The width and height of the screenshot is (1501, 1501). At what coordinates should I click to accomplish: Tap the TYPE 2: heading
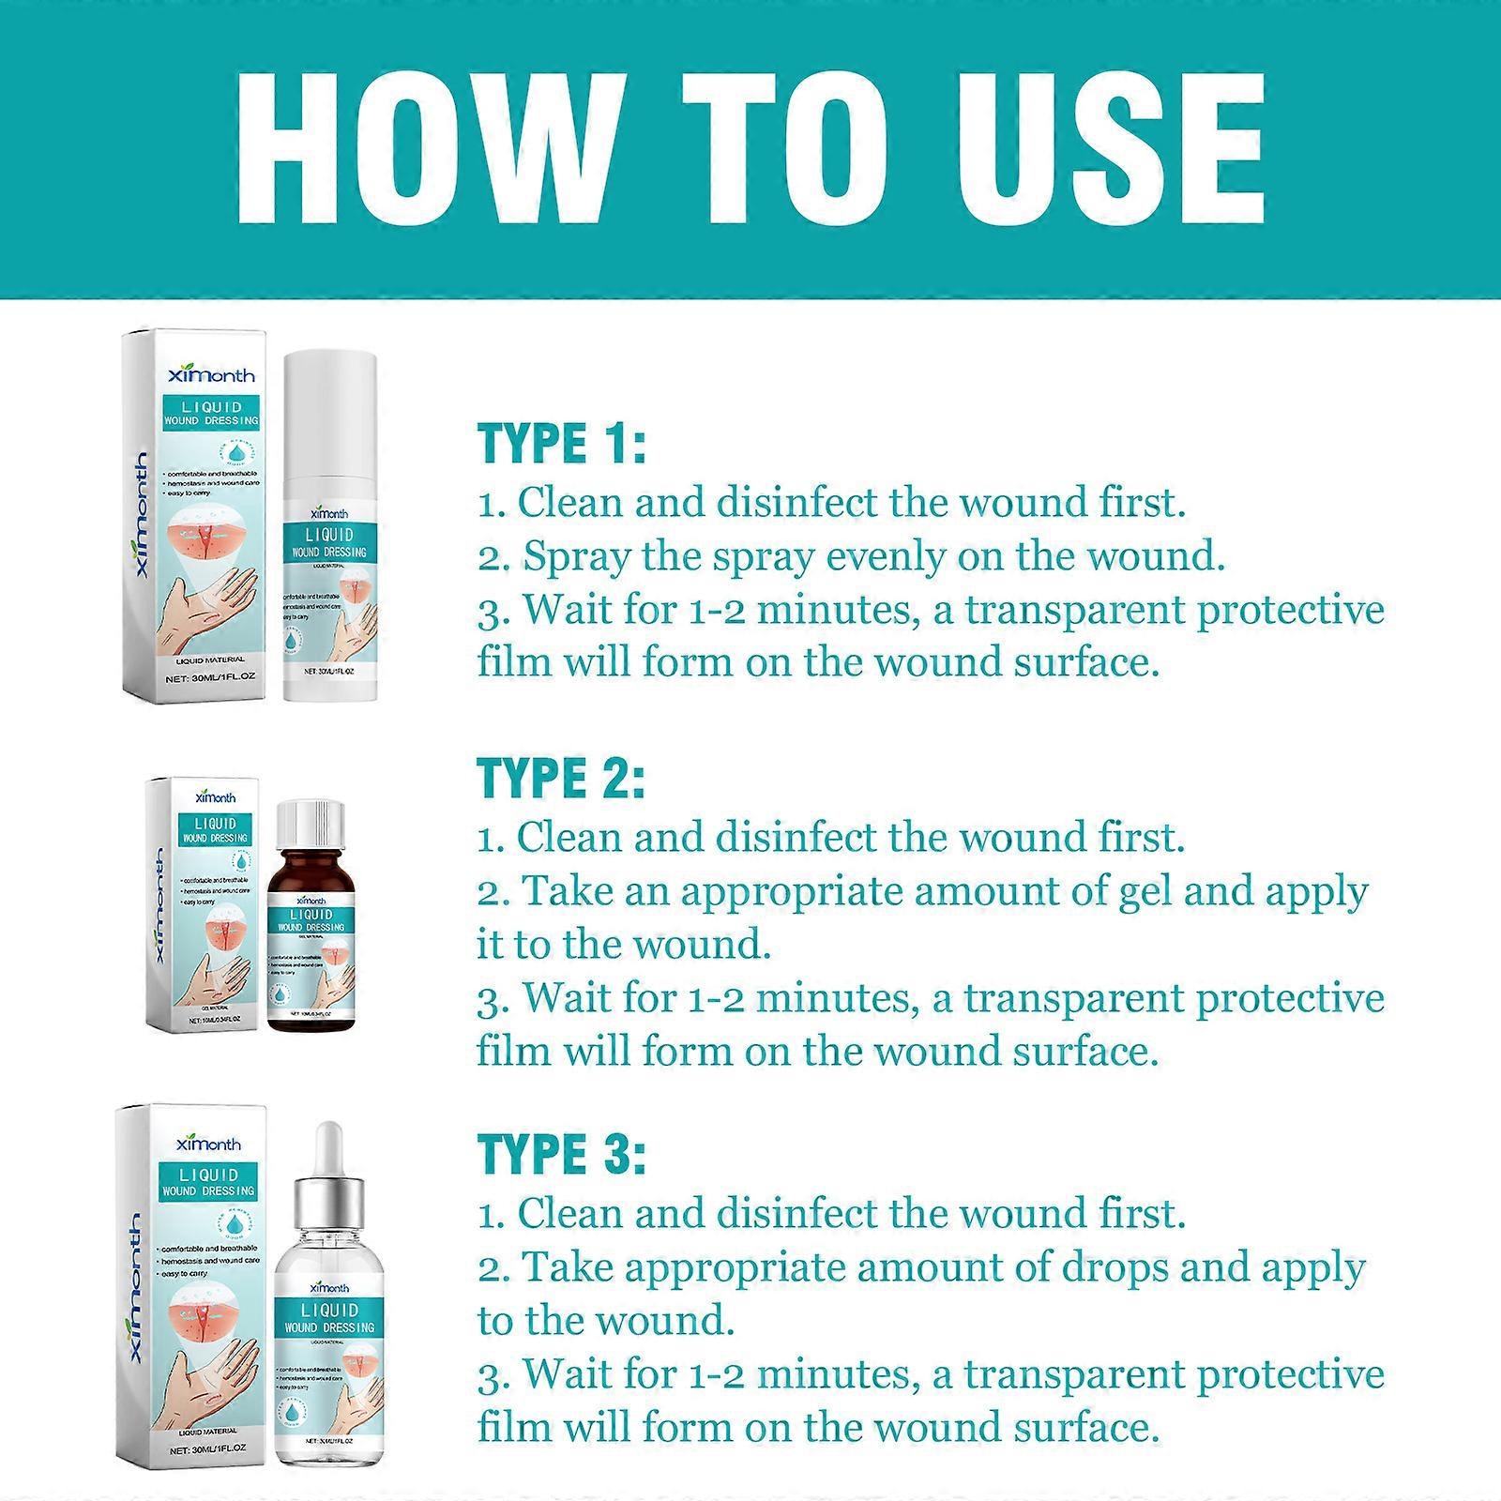pyautogui.click(x=561, y=779)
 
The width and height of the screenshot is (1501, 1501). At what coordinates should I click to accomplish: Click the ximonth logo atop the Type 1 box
pyautogui.click(x=211, y=375)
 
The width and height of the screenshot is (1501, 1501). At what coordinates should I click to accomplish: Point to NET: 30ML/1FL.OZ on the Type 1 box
pyautogui.click(x=205, y=677)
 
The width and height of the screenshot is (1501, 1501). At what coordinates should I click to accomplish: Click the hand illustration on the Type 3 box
pyautogui.click(x=211, y=1370)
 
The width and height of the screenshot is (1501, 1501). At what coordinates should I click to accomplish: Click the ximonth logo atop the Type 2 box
pyautogui.click(x=215, y=797)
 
